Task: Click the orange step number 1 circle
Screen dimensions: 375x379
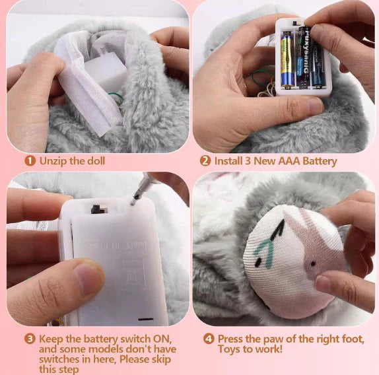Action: pos(30,160)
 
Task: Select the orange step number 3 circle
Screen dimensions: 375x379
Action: pos(30,339)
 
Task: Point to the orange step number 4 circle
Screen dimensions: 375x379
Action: pos(209,339)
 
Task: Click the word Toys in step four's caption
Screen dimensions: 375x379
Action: pos(230,349)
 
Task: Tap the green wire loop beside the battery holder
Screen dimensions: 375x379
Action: pos(258,79)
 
